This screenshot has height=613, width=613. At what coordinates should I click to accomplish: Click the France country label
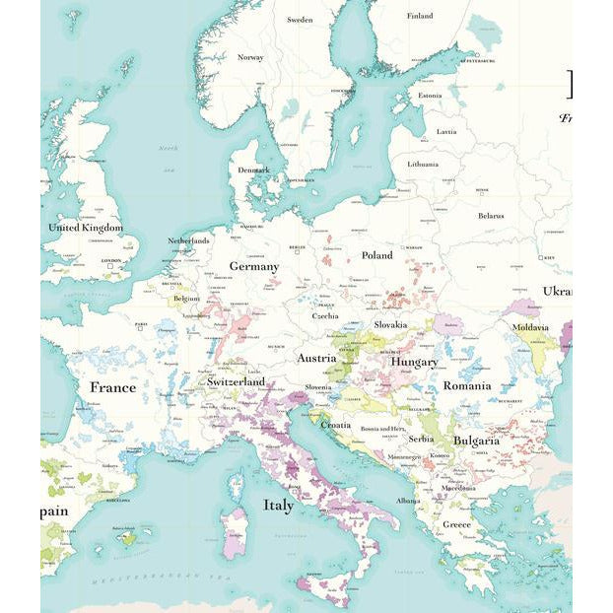click(x=112, y=387)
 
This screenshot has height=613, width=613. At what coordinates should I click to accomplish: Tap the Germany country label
click(x=254, y=266)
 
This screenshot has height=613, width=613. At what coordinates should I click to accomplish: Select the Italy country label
click(x=278, y=506)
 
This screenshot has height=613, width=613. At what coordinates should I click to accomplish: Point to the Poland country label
click(x=376, y=255)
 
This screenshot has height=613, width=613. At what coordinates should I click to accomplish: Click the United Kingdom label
click(x=86, y=228)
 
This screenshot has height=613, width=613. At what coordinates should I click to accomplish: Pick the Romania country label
click(x=466, y=385)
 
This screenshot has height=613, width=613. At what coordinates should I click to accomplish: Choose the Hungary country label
click(x=414, y=362)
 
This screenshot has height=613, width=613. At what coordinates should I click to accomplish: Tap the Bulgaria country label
click(x=476, y=441)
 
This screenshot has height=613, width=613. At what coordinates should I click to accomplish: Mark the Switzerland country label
click(x=236, y=381)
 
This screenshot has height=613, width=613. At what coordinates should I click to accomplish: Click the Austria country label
click(x=316, y=358)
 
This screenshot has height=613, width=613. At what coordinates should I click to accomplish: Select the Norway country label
click(x=250, y=57)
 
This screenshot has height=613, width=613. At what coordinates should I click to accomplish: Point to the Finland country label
click(x=420, y=16)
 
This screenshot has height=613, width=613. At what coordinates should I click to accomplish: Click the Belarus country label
click(x=491, y=216)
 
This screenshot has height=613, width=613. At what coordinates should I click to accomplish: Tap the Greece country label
click(x=456, y=524)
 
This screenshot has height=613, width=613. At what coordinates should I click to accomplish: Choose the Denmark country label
click(x=253, y=170)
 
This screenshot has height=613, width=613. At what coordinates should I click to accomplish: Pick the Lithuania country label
click(x=423, y=164)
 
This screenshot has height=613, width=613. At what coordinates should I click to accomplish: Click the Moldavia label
click(x=530, y=326)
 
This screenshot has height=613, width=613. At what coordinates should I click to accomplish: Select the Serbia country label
click(x=421, y=439)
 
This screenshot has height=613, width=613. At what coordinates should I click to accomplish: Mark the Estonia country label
click(x=430, y=96)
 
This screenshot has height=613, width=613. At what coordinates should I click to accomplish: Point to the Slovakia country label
click(x=390, y=324)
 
